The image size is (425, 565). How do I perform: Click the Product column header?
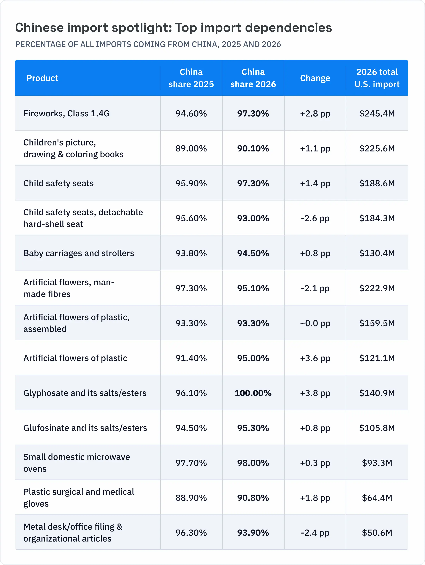[42, 78]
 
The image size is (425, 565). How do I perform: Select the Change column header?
[315, 78]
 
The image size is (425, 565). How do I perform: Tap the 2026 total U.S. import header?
[377, 78]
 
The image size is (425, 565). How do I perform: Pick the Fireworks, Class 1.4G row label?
[67, 113]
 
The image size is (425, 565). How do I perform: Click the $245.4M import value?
[377, 113]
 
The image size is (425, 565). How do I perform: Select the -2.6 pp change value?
[315, 218]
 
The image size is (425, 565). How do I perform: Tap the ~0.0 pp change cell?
[315, 323]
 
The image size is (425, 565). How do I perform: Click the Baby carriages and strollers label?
[79, 253]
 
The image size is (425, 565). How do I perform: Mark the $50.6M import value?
[377, 533]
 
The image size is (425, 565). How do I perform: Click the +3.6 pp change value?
[315, 358]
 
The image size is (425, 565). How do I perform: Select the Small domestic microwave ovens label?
[77, 463]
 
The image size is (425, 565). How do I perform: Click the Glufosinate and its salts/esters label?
[85, 428]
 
